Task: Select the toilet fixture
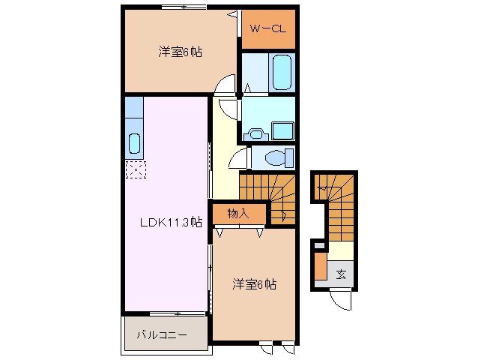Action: [279, 158]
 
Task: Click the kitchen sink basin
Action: [135, 142]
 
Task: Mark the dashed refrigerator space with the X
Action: [134, 170]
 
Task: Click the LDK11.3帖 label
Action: [169, 222]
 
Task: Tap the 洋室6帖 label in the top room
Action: [180, 52]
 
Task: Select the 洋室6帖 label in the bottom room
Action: [254, 284]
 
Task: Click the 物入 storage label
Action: [238, 214]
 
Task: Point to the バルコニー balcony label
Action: [161, 335]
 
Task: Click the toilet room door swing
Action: [240, 158]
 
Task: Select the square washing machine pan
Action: [284, 130]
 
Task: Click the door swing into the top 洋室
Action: [223, 87]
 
